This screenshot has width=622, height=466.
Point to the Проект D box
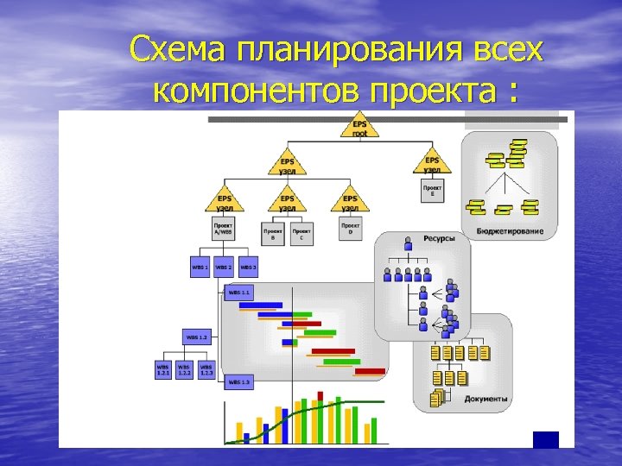click(350, 229)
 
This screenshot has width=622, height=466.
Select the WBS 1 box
click(199, 267)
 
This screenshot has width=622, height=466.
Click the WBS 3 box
click(249, 267)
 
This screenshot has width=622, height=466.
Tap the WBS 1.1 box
click(239, 293)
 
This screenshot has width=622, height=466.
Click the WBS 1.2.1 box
click(163, 369)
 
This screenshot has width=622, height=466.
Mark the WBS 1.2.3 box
click(206, 369)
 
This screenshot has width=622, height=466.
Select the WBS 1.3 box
click(239, 381)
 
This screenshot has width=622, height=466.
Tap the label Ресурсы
click(439, 239)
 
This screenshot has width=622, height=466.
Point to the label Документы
click(486, 400)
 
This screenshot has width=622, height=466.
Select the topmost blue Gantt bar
click(260, 305)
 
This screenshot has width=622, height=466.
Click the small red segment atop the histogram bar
click(321, 396)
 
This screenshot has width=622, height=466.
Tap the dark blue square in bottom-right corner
click(546, 439)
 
